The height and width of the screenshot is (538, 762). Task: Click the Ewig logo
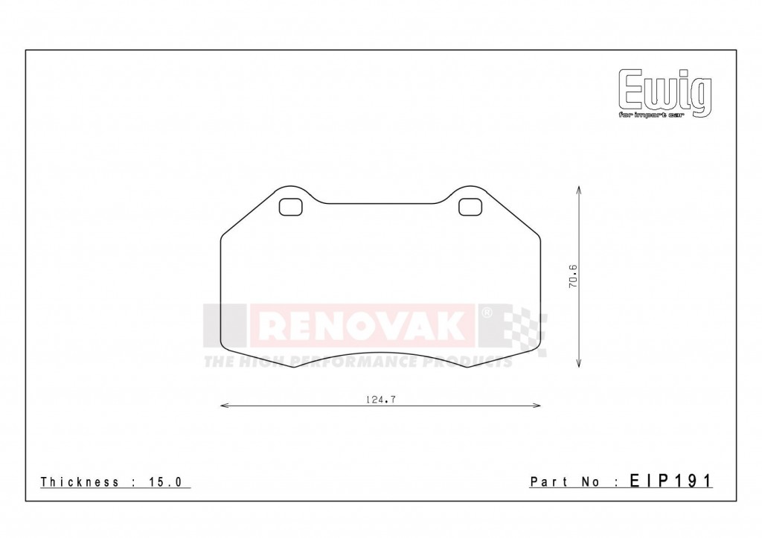tap(665, 92)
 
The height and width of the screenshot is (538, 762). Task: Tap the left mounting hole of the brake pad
tap(290, 208)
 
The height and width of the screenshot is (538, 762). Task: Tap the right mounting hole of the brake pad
tap(470, 208)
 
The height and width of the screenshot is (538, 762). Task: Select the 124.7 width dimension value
tap(380, 400)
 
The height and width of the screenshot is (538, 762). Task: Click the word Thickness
tap(80, 482)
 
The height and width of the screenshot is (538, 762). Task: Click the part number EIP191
tap(670, 481)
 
